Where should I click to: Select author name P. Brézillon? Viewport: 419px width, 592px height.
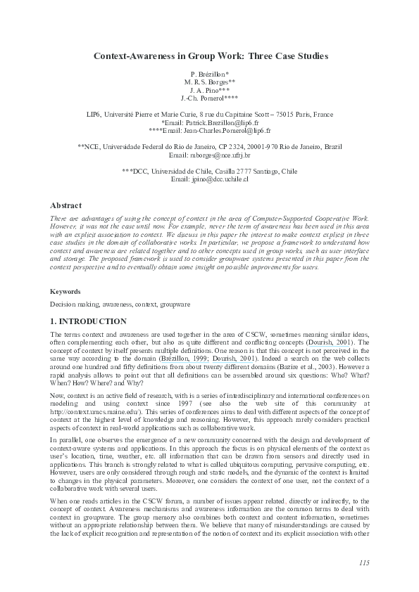[x=208, y=74]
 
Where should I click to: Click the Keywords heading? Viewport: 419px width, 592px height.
[x=65, y=291]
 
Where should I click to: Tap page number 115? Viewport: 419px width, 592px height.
[x=364, y=562]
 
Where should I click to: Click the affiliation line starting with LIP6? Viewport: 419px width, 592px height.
[x=209, y=114]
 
